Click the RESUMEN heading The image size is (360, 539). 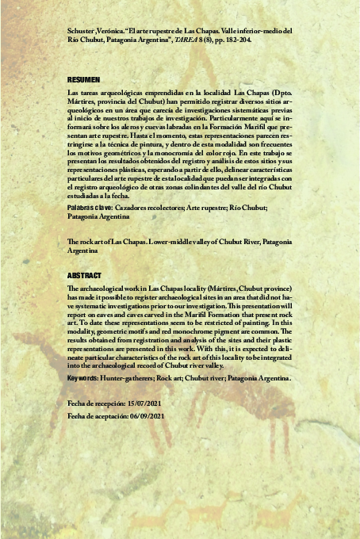pyautogui.click(x=84, y=80)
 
